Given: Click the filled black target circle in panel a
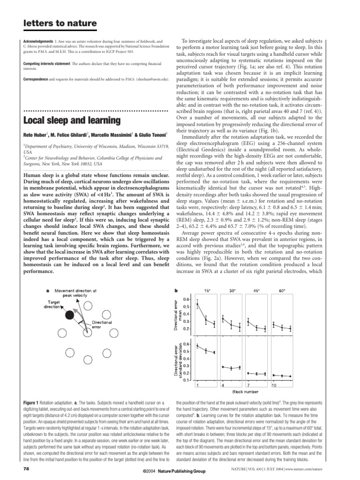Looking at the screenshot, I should pos(70,315).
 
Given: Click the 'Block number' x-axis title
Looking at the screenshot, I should pos(245,391).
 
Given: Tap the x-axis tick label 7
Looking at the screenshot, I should pos(248,384).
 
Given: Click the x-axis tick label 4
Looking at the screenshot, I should pos(222,384).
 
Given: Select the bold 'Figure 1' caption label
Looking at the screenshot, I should pos(32,403).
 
